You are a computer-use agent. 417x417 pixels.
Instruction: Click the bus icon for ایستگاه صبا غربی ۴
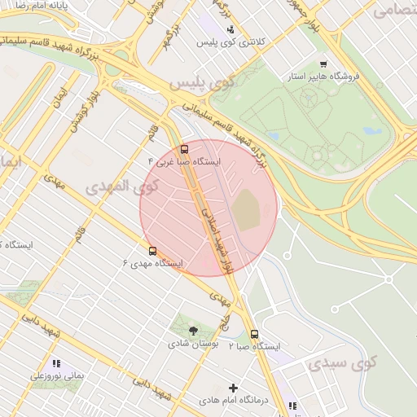coord(184,150)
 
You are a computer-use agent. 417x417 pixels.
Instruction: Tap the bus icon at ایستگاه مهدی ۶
coord(152,251)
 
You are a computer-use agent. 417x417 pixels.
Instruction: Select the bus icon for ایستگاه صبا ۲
coord(255,334)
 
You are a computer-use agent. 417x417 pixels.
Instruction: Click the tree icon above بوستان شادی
coord(193,331)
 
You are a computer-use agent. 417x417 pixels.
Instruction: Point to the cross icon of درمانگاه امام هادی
coord(235,388)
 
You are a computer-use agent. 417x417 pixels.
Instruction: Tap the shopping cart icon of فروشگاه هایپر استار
coord(323,64)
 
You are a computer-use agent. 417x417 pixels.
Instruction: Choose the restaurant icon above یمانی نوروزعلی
coord(56,363)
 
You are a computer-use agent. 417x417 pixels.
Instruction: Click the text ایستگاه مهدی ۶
coord(151,264)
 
